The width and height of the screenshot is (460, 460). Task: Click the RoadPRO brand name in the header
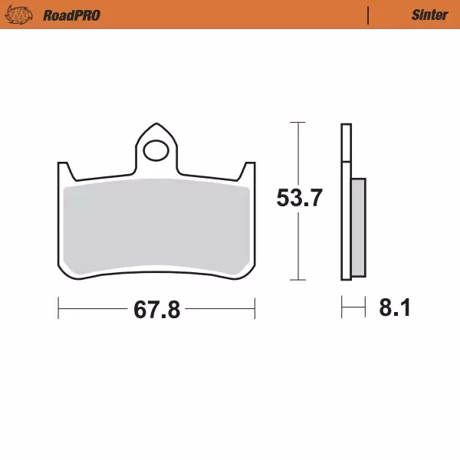(72, 15)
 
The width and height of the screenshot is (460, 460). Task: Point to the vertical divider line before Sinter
(368, 15)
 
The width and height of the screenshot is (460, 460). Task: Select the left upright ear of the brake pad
(63, 172)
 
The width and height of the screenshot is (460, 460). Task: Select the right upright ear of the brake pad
(248, 172)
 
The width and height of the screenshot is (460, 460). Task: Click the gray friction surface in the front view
(157, 227)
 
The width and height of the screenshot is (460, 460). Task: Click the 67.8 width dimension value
(156, 310)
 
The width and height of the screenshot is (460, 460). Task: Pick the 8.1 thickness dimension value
(395, 309)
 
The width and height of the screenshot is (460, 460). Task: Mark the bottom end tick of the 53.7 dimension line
(298, 280)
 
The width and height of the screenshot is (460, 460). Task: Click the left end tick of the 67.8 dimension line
(59, 310)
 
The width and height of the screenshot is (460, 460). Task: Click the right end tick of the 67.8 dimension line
(255, 310)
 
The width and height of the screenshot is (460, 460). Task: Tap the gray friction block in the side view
(358, 227)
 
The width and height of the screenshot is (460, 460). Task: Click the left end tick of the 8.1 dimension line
(342, 310)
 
